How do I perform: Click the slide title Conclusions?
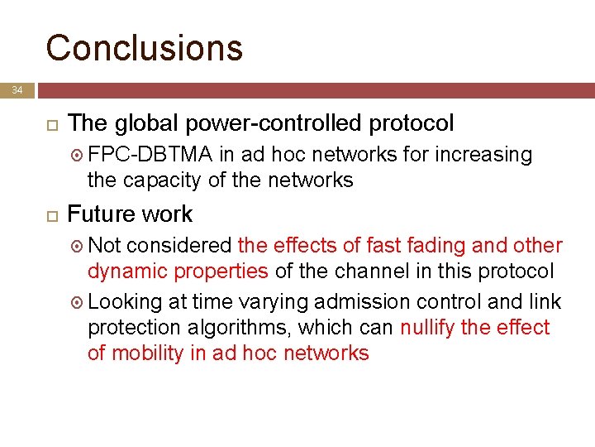(145, 47)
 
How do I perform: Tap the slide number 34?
(18, 90)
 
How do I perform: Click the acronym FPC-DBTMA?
(151, 155)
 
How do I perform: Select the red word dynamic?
(125, 271)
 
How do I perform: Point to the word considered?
(179, 246)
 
